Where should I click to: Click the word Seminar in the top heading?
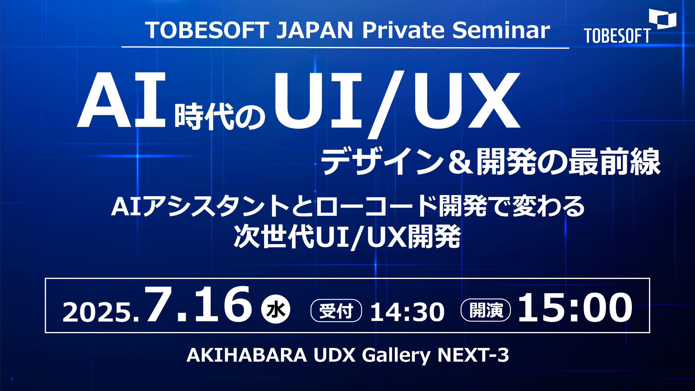tap(501, 30)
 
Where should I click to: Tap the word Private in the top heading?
tap(403, 30)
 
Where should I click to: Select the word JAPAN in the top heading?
tap(315, 30)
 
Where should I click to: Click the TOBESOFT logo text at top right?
tap(617, 36)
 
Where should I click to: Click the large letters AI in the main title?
tap(121, 100)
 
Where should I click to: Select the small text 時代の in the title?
tap(220, 116)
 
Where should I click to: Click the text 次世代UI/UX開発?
tap(347, 236)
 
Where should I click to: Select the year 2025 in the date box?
tap(97, 312)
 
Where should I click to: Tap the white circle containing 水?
tap(276, 309)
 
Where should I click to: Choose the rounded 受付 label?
tap(336, 310)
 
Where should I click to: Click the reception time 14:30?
tap(407, 312)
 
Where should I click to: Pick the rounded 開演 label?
tap(486, 310)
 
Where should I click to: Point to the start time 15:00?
tap(575, 307)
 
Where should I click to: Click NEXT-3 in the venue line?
tap(473, 355)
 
